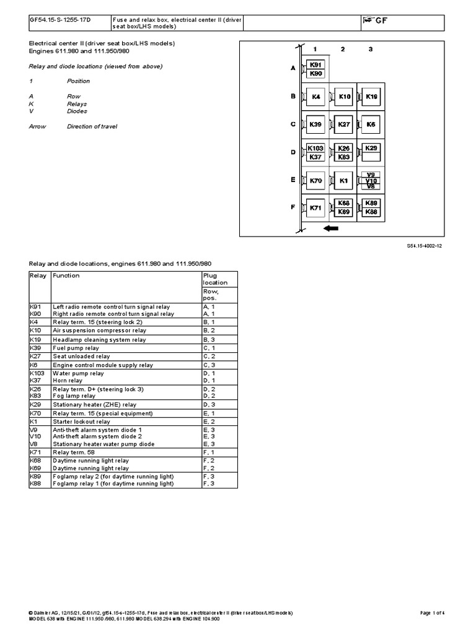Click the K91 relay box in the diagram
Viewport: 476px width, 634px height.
pyautogui.click(x=315, y=64)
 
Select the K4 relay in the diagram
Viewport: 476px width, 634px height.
pyautogui.click(x=315, y=97)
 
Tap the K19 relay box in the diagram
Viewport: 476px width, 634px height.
pyautogui.click(x=371, y=97)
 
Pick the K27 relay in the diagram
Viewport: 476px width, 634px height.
pyautogui.click(x=344, y=124)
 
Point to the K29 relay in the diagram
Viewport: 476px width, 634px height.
pyautogui.click(x=371, y=148)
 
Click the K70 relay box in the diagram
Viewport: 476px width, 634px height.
pyautogui.click(x=315, y=181)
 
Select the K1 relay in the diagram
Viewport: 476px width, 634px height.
pyautogui.click(x=344, y=181)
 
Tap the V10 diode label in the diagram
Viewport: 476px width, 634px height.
pyautogui.click(x=371, y=180)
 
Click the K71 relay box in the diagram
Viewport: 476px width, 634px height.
pyautogui.click(x=315, y=208)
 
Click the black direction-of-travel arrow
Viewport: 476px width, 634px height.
pyautogui.click(x=331, y=228)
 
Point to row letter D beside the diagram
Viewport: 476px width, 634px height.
pyautogui.click(x=294, y=152)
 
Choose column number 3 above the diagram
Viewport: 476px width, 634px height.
pyautogui.click(x=371, y=48)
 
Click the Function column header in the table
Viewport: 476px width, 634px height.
pyautogui.click(x=66, y=276)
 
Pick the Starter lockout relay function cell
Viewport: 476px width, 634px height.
pyautogui.click(x=82, y=421)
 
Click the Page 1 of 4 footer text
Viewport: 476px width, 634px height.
pyautogui.click(x=433, y=612)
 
